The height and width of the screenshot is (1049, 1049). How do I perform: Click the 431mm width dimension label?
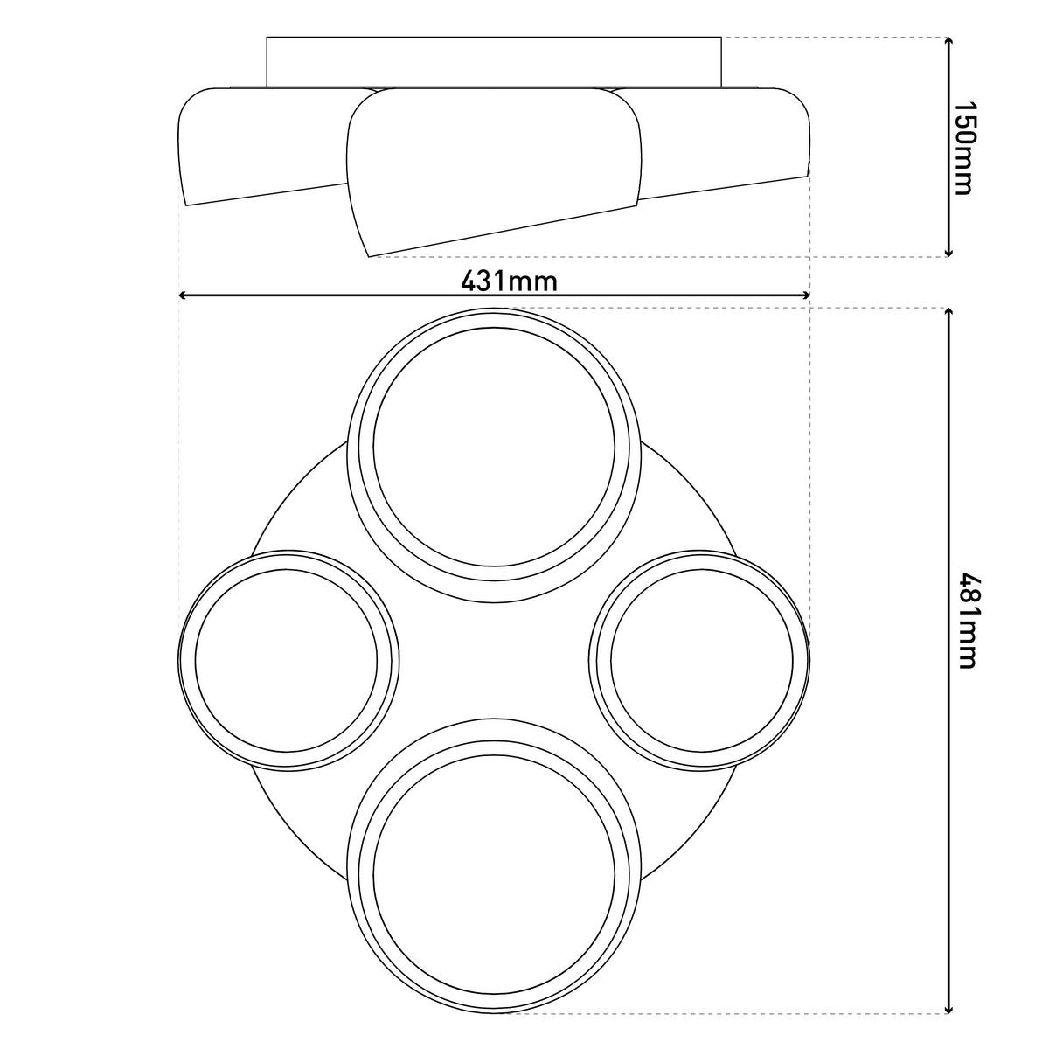point(509,281)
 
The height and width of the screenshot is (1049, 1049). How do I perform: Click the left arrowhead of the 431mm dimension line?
point(184,295)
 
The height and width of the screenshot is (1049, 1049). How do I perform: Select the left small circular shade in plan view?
point(288,660)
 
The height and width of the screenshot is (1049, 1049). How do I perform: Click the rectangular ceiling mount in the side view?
point(494,61)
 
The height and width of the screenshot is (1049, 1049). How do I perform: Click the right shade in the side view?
point(726,140)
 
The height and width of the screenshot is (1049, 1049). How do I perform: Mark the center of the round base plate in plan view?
point(494,660)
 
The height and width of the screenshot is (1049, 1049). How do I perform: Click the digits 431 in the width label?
point(485,281)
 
